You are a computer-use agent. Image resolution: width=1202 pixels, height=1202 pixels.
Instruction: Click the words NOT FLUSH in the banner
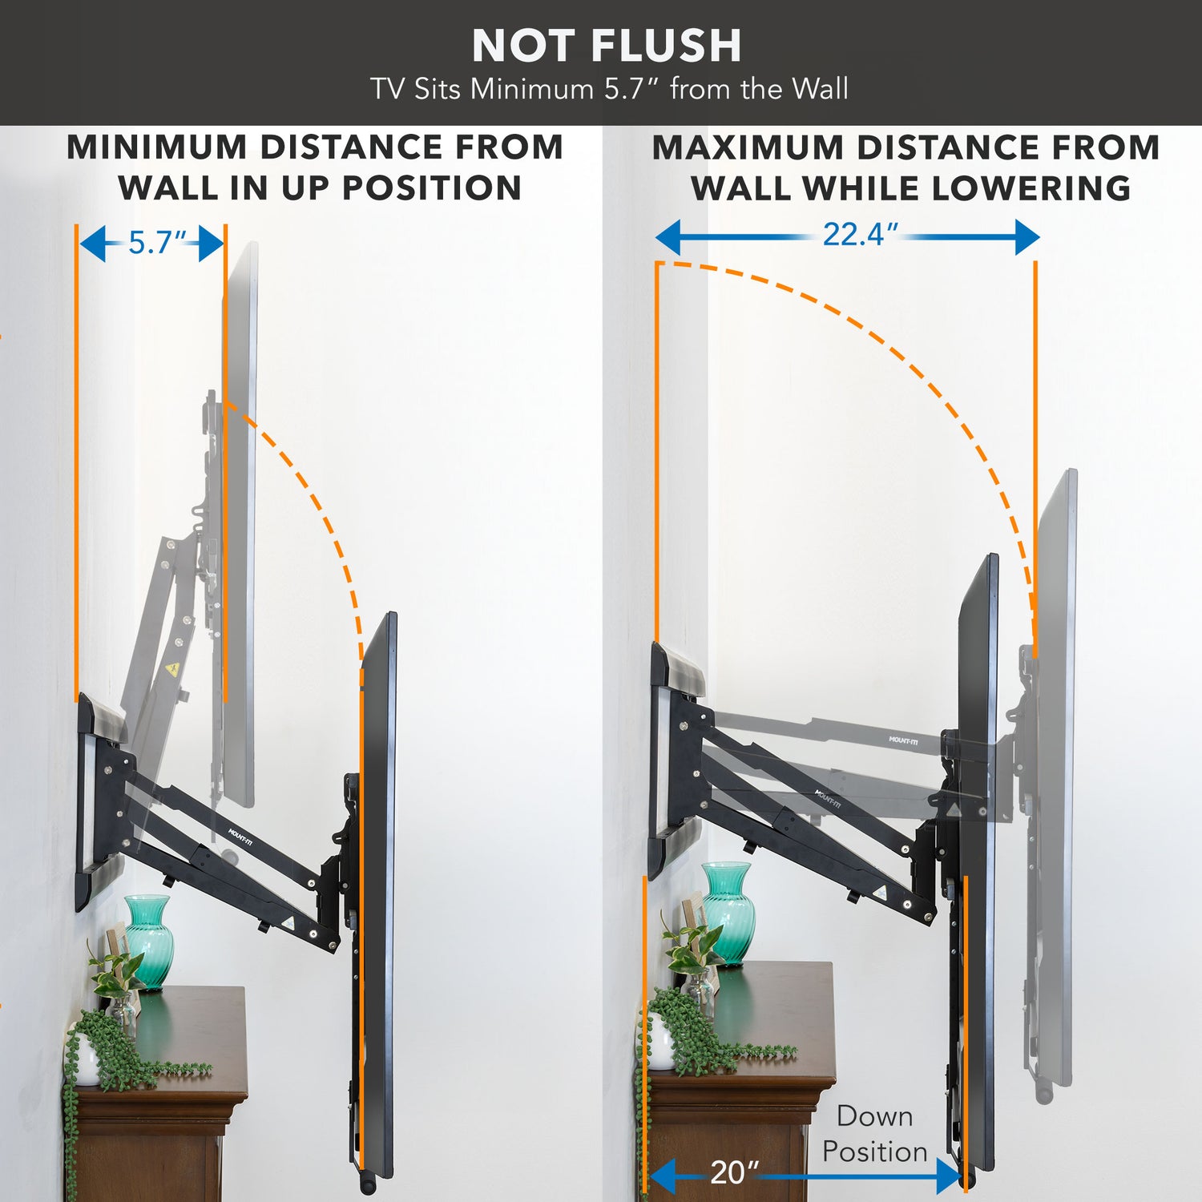(607, 46)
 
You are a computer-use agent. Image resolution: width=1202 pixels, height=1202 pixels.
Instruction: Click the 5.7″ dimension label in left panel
(157, 243)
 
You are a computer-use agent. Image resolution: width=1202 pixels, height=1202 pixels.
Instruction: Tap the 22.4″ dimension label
(860, 235)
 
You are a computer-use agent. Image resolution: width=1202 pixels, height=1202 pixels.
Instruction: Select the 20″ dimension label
(734, 1172)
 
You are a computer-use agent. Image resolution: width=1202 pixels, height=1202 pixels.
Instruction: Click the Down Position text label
(874, 1134)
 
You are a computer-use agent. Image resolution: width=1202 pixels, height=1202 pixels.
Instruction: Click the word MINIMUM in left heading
(157, 148)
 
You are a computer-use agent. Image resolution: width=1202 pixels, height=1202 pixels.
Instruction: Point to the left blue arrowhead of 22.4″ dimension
(669, 237)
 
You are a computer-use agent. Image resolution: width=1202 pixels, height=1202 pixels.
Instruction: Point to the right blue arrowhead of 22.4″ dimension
(1027, 237)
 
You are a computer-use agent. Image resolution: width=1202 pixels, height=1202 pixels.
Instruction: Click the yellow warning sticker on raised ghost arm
(171, 669)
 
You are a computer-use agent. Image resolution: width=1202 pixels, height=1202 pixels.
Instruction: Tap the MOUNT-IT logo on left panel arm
(240, 837)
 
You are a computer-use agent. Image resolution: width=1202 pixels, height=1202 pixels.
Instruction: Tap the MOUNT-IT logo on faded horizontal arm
(903, 740)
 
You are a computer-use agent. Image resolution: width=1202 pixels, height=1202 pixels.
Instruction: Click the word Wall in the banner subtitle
(820, 89)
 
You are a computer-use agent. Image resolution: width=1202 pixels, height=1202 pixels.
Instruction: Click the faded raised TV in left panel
(240, 521)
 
